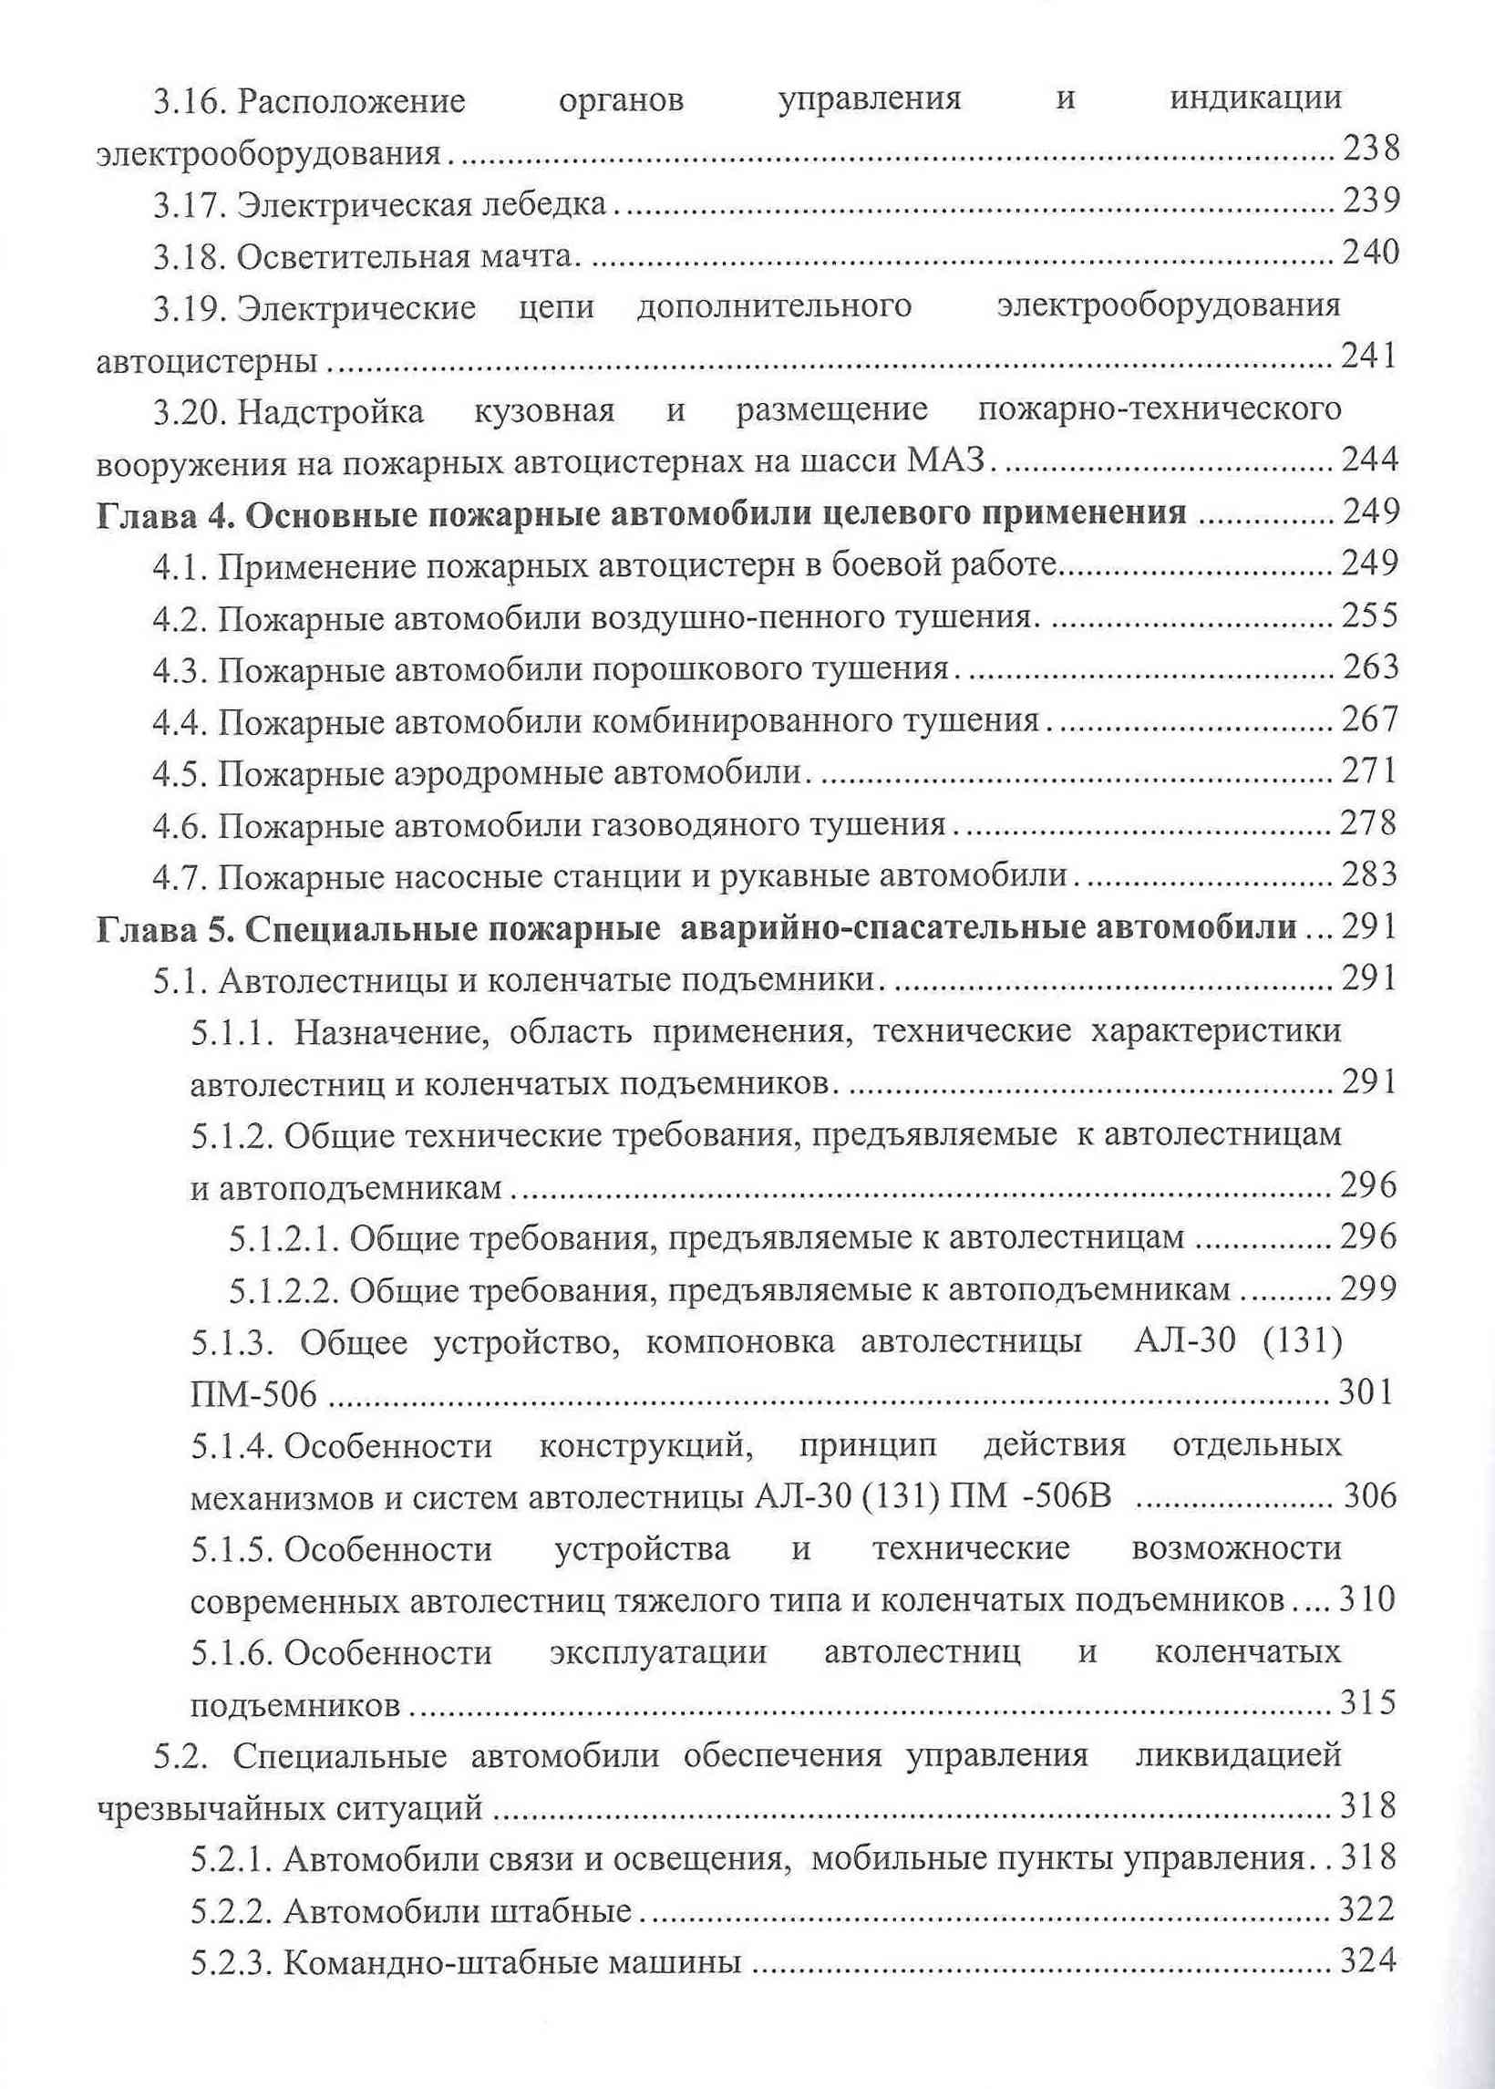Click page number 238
(x=1370, y=149)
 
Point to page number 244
(x=1370, y=459)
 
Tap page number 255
(x=1369, y=614)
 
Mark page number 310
(x=1367, y=1600)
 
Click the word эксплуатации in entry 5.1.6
(x=657, y=1652)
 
